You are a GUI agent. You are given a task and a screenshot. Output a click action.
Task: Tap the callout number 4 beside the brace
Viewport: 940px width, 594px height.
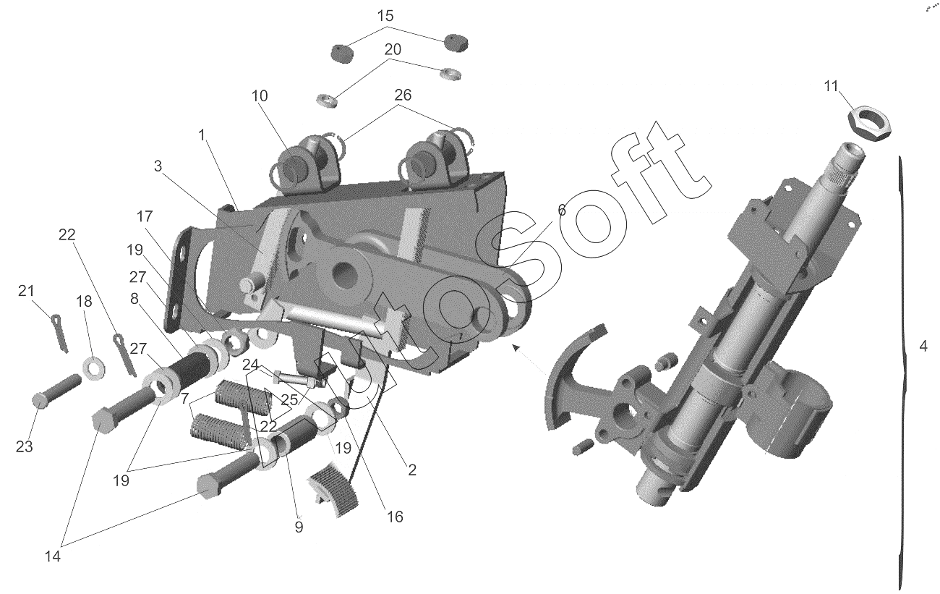pos(923,346)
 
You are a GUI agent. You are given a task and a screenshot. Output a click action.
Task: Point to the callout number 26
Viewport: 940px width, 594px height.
pos(403,95)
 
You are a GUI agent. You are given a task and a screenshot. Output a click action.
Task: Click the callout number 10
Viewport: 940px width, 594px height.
pos(260,96)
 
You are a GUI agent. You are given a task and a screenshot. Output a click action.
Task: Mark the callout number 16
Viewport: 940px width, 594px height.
pos(394,517)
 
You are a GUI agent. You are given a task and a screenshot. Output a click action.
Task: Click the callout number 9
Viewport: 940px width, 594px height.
pos(299,527)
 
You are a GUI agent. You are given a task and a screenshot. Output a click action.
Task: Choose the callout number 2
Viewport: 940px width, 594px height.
pos(411,470)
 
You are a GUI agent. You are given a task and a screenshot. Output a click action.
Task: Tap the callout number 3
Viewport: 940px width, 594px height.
pos(158,166)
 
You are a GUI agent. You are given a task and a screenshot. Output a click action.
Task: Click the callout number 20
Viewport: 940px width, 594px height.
pos(393,49)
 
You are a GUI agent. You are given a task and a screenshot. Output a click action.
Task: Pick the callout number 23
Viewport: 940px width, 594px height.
pos(25,446)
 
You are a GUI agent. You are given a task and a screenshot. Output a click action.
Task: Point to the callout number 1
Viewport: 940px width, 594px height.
pos(202,135)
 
